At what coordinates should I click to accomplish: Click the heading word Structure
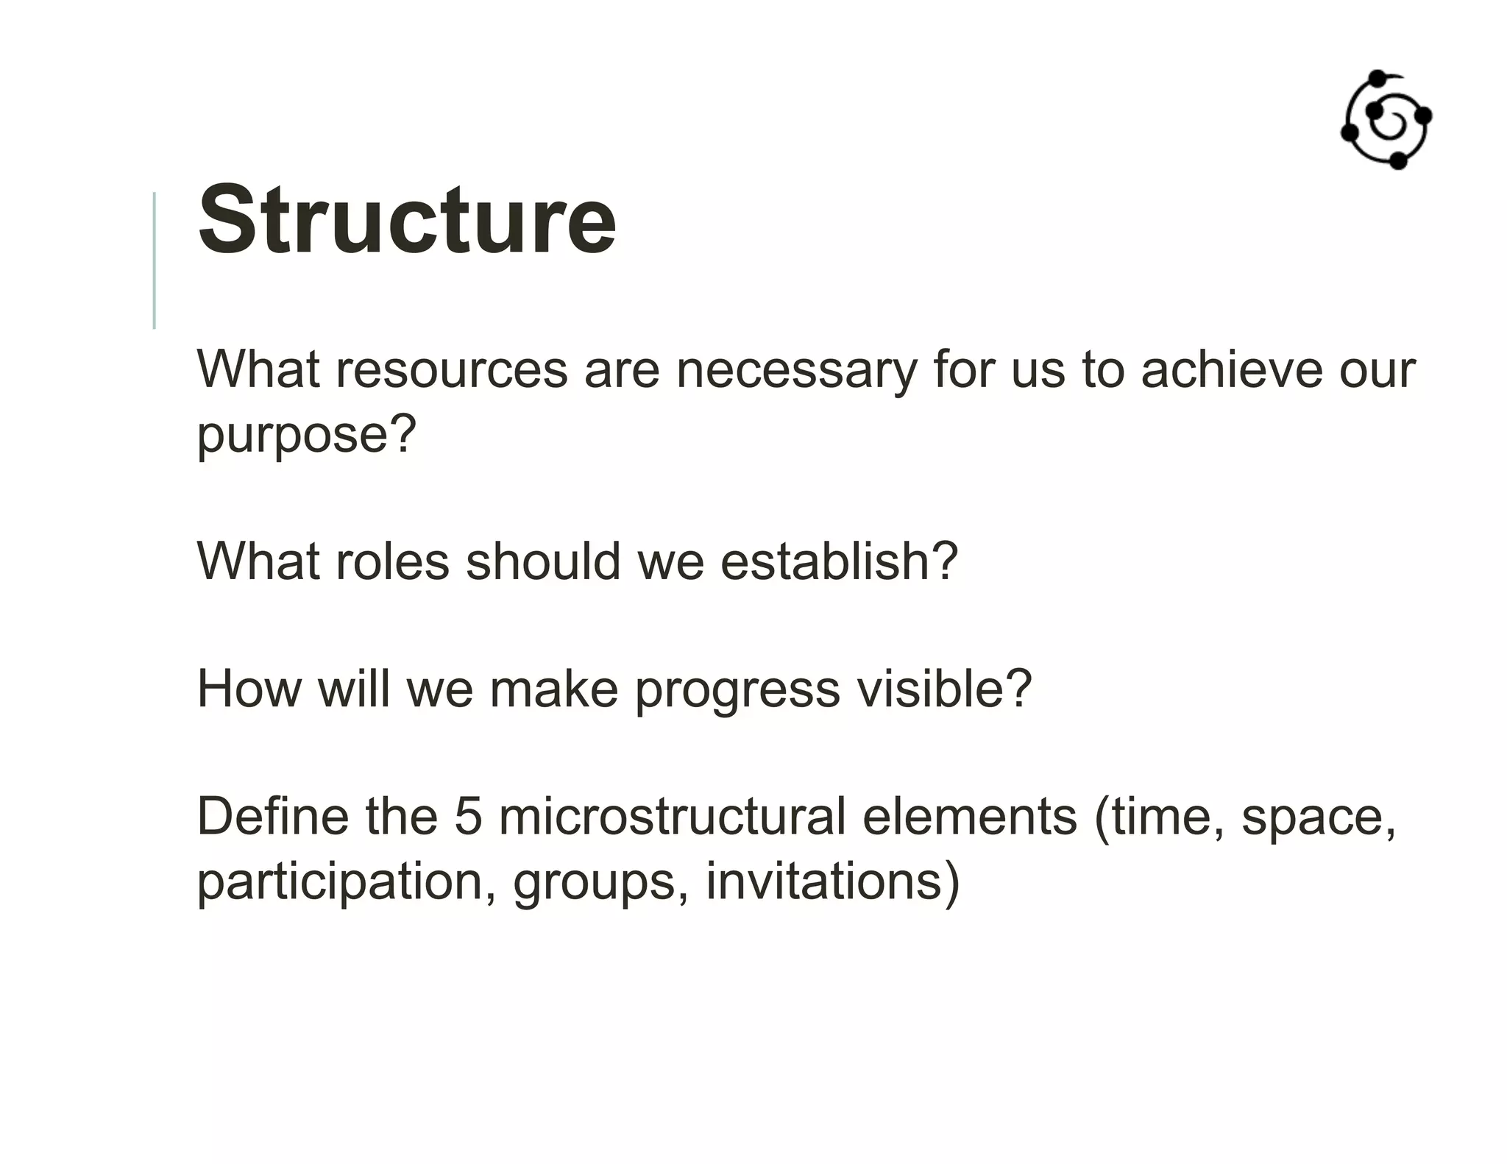click(x=407, y=220)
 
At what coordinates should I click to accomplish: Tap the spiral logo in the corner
click(x=1386, y=121)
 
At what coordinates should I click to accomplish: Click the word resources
click(x=452, y=369)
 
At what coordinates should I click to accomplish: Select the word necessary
click(x=796, y=369)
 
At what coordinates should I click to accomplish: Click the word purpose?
click(x=306, y=434)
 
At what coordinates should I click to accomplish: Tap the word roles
click(x=391, y=562)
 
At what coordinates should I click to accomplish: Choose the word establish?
click(x=838, y=562)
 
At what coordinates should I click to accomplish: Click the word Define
click(x=272, y=817)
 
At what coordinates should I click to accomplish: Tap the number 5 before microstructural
click(x=467, y=817)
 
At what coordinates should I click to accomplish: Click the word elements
click(x=969, y=817)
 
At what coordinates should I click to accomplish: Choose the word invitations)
click(x=832, y=882)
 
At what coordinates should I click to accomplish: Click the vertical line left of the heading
click(x=154, y=260)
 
